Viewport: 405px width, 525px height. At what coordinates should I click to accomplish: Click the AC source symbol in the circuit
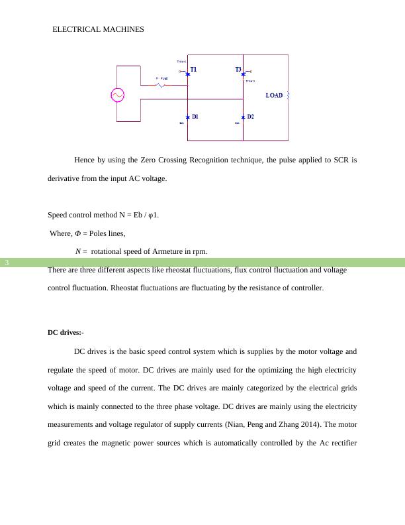click(x=117, y=95)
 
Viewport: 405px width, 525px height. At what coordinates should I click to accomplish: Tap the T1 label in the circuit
click(x=193, y=69)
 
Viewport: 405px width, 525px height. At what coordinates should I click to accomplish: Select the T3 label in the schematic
click(x=238, y=69)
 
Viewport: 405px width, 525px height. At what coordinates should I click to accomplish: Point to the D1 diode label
click(x=195, y=117)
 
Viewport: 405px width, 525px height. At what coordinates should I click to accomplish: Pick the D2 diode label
click(x=250, y=117)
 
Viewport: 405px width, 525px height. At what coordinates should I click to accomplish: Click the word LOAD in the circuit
click(x=274, y=95)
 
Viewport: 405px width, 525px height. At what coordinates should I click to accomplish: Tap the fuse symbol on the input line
click(x=161, y=85)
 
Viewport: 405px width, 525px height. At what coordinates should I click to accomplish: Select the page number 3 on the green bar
click(x=7, y=263)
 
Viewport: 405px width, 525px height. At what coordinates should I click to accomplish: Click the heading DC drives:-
click(x=66, y=332)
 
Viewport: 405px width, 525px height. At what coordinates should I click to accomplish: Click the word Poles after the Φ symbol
click(x=95, y=233)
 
